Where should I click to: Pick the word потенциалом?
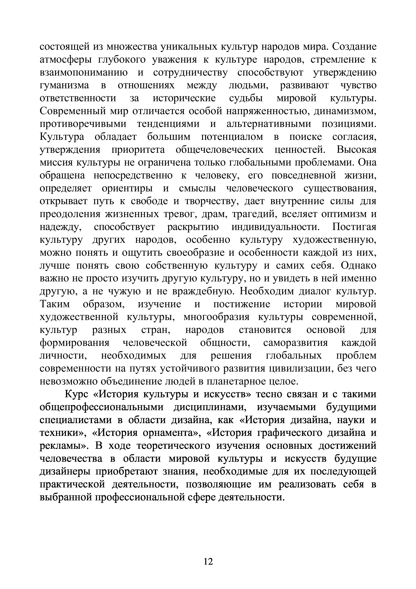[x=232, y=137]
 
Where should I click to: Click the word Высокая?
[x=357, y=150]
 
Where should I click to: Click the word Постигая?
[x=354, y=227]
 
